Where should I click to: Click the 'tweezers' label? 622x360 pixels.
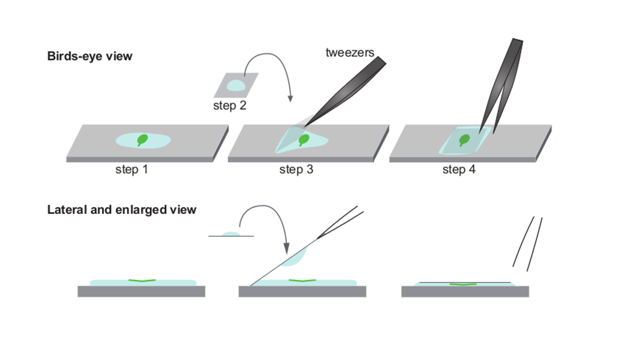pyautogui.click(x=350, y=52)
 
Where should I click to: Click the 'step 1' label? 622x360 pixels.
pyautogui.click(x=132, y=169)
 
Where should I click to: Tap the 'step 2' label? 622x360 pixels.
pyautogui.click(x=230, y=106)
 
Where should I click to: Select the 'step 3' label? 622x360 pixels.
pyautogui.click(x=296, y=169)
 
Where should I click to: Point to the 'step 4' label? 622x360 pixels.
pyautogui.click(x=459, y=169)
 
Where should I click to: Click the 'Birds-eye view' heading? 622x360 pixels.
pyautogui.click(x=90, y=56)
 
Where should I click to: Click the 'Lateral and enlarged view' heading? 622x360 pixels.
pyautogui.click(x=122, y=210)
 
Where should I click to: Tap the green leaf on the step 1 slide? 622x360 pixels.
pyautogui.click(x=143, y=140)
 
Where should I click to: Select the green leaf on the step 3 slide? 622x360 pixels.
pyautogui.click(x=304, y=140)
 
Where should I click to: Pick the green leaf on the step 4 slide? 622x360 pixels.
pyautogui.click(x=464, y=140)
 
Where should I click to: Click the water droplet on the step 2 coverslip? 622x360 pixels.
pyautogui.click(x=236, y=85)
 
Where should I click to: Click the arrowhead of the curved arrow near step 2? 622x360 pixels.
pyautogui.click(x=290, y=98)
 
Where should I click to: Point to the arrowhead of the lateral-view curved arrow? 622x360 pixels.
pyautogui.click(x=286, y=249)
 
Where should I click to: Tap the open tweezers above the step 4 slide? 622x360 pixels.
pyautogui.click(x=501, y=86)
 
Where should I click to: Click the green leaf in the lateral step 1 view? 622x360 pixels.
pyautogui.click(x=142, y=281)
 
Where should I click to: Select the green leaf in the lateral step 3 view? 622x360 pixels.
pyautogui.click(x=302, y=281)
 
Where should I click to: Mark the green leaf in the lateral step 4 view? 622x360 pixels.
pyautogui.click(x=463, y=284)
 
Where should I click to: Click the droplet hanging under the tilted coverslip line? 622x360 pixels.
pyautogui.click(x=294, y=257)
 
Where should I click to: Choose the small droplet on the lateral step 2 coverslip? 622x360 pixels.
pyautogui.click(x=231, y=234)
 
